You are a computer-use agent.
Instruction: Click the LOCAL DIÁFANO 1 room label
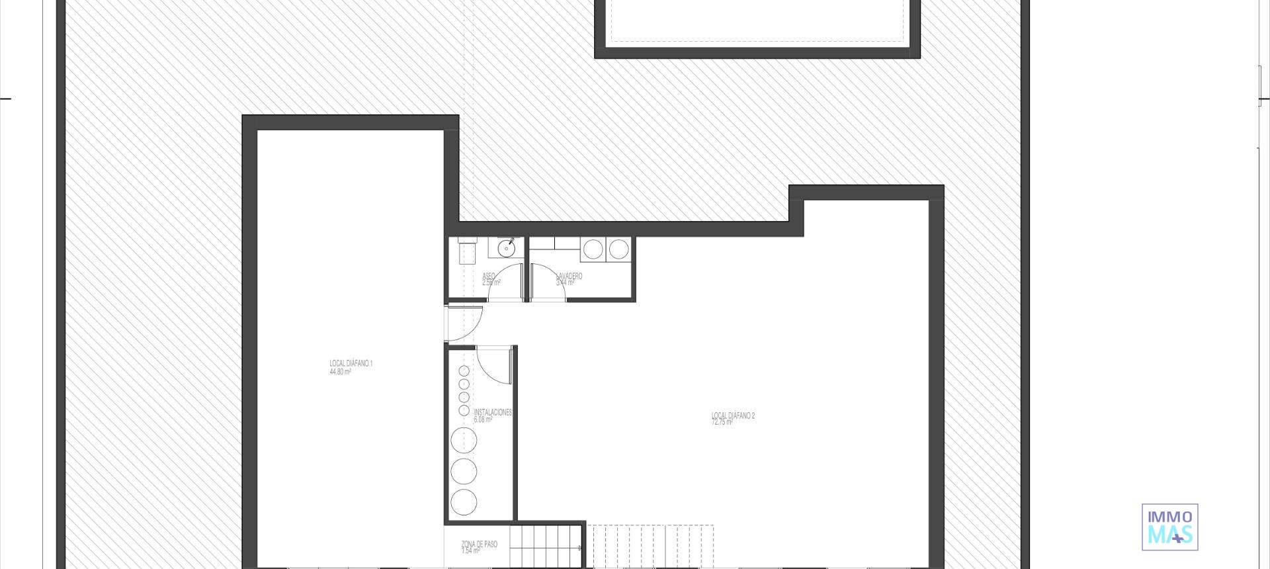pos(351,363)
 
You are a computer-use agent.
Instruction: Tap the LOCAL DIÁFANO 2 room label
pos(733,416)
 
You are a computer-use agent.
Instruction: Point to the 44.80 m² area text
pos(340,372)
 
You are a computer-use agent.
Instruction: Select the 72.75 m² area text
pos(722,422)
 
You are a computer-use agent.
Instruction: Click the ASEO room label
pos(489,276)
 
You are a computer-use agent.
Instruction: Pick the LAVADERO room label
pos(569,276)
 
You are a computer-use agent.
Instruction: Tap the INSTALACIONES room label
pos(493,412)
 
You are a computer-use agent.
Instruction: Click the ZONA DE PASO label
pos(479,544)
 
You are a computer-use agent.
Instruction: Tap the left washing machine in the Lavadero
pos(593,249)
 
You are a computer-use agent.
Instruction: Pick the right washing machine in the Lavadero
pos(618,249)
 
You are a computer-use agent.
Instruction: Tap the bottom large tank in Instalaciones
pos(464,502)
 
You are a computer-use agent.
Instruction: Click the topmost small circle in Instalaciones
pos(464,371)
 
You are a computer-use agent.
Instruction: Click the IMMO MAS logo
pos(1169,527)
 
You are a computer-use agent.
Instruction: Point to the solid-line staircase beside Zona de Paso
pos(545,547)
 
